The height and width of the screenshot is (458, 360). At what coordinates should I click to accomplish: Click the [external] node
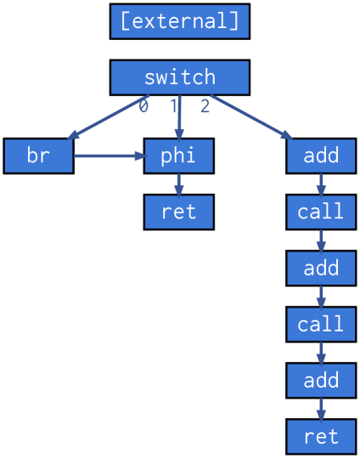(179, 21)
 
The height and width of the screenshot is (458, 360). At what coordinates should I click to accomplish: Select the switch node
(179, 77)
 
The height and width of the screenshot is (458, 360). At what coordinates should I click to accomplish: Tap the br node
(38, 156)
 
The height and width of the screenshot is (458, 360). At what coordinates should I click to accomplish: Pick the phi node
(178, 156)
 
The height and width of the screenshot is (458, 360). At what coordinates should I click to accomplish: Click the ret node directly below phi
(178, 212)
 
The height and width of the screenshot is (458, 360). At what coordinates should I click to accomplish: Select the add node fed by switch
(321, 156)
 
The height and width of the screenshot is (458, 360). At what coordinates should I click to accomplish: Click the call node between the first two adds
(321, 212)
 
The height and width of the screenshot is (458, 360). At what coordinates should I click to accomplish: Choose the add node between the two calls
(321, 268)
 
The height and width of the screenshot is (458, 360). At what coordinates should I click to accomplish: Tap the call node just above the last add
(321, 324)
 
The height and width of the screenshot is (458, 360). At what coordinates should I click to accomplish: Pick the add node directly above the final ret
(321, 380)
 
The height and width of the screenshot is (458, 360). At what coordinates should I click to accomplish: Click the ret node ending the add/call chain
(321, 436)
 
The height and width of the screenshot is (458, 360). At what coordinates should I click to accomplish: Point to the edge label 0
(143, 106)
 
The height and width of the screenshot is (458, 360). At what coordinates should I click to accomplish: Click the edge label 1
(174, 106)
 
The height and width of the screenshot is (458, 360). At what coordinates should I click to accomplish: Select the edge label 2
(205, 106)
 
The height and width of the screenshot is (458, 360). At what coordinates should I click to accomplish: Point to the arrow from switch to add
(250, 116)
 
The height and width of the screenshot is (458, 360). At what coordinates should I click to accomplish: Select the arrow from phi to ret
(178, 184)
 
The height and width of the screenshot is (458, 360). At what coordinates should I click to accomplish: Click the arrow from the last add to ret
(321, 408)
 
